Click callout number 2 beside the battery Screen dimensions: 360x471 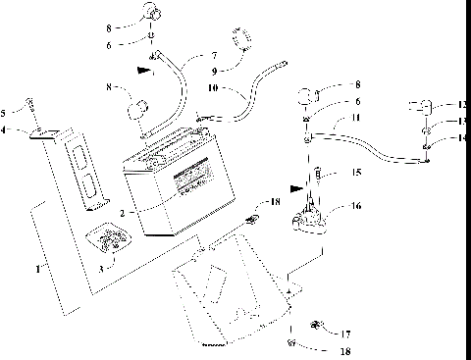[121, 212]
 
